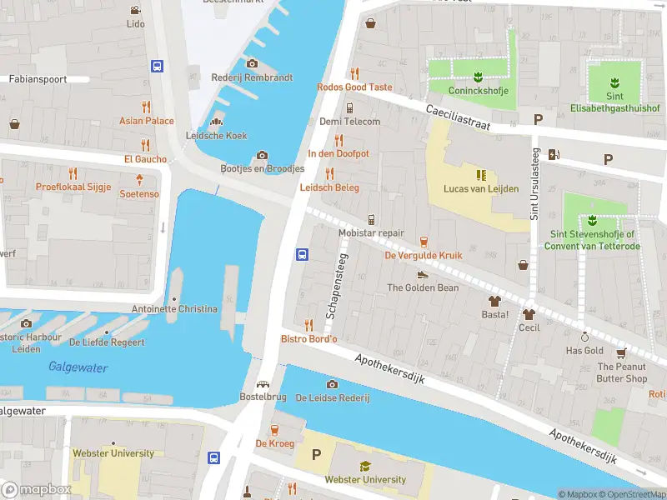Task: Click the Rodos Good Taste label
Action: point(354,87)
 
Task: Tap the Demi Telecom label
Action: point(350,122)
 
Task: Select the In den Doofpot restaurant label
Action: point(339,154)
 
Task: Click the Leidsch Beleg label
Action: point(329,187)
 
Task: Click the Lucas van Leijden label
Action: point(481,188)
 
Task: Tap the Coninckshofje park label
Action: point(479,91)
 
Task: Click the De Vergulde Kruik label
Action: point(422,256)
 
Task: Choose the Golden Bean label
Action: point(423,287)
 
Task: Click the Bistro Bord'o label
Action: point(308,338)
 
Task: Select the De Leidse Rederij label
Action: point(333,398)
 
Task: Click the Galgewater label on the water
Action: point(73,366)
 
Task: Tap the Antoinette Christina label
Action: point(174,309)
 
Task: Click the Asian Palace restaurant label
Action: point(147,121)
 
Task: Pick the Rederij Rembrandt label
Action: point(252,77)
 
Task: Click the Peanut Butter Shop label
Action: point(622,372)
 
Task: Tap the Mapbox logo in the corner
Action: point(36,490)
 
